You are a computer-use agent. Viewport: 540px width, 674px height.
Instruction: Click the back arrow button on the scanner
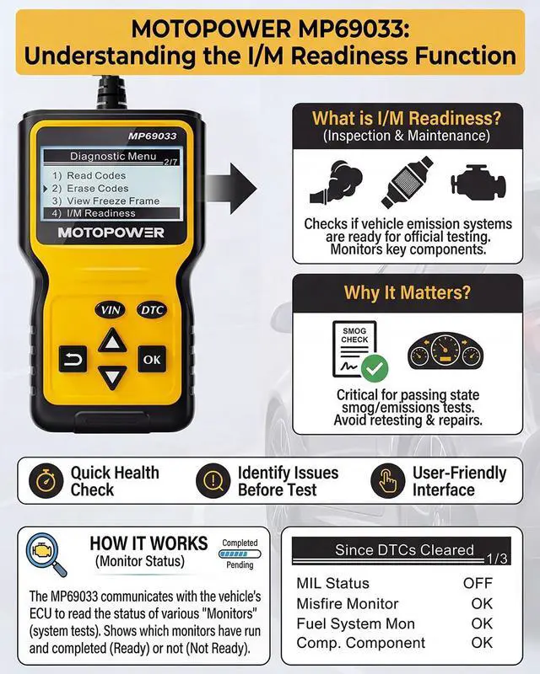[72, 360]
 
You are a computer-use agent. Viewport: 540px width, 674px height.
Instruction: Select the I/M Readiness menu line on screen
[105, 214]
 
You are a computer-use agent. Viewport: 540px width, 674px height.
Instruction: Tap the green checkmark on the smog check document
[374, 368]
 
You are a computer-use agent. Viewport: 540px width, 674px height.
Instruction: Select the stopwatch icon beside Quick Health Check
[44, 481]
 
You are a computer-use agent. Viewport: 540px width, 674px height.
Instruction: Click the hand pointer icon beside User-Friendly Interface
[386, 481]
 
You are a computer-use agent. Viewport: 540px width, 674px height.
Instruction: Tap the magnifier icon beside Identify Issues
[212, 481]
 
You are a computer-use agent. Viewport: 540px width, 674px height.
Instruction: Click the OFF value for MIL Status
[478, 583]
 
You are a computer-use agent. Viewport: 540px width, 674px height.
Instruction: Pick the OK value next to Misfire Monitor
[482, 603]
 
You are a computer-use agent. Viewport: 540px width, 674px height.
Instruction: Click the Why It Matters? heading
[407, 293]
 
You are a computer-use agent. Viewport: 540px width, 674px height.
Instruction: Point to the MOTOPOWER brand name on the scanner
[111, 233]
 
